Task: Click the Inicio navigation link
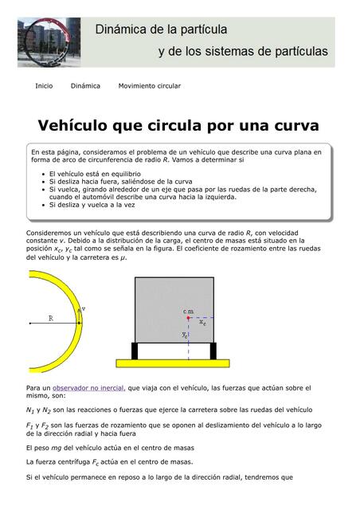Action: (44, 85)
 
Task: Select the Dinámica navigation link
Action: (85, 85)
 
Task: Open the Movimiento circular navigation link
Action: (149, 85)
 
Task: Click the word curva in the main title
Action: (295, 126)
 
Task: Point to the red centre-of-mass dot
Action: (188, 318)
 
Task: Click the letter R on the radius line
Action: (51, 317)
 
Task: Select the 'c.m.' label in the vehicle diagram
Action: (189, 310)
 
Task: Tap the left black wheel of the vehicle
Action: (135, 351)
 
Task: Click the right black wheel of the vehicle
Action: (213, 351)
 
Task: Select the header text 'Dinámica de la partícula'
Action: (162, 29)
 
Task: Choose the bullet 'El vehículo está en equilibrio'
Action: (95, 173)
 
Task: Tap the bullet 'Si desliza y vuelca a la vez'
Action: (92, 205)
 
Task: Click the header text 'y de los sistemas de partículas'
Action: (243, 51)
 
